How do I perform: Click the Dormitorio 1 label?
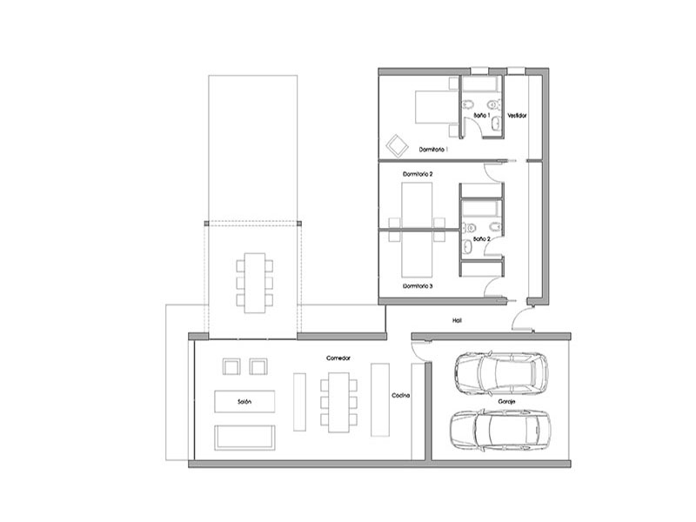point(433,150)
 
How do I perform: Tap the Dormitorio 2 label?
point(418,174)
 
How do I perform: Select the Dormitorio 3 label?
point(418,286)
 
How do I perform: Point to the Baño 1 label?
point(481,115)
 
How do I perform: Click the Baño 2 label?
point(482,238)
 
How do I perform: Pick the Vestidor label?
point(517,116)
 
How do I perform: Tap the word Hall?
point(458,320)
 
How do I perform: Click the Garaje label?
point(506,402)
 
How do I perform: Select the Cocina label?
point(400,396)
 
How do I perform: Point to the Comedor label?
point(338,358)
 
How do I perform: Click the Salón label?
point(244,402)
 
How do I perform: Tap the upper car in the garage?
point(501,374)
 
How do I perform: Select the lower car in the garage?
point(500,430)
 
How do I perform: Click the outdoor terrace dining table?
point(255,283)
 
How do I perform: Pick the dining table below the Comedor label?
point(338,403)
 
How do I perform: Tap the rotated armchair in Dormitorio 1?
point(398,145)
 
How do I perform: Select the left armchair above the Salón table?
point(231,366)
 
